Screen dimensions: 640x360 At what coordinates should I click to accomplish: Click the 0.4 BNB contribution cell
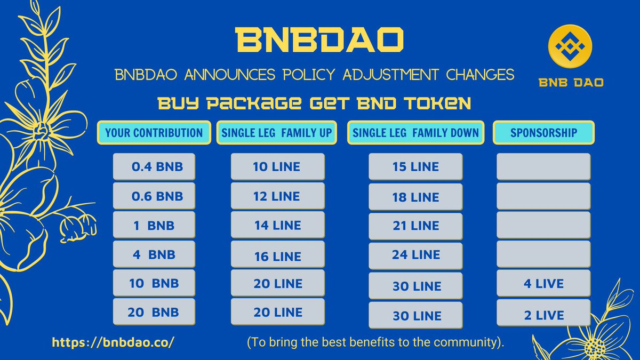click(154, 166)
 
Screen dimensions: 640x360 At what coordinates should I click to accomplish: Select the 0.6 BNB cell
click(154, 196)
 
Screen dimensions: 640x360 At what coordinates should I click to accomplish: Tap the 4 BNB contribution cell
click(154, 254)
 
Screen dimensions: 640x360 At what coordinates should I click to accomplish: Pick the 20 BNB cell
click(154, 311)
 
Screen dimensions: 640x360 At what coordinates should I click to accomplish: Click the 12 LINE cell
click(278, 196)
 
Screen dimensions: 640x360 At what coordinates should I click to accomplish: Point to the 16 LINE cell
click(278, 254)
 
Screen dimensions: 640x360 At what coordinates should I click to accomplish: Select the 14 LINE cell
click(278, 225)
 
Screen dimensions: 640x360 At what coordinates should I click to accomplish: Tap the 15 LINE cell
click(415, 166)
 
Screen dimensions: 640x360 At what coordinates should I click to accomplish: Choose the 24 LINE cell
click(415, 255)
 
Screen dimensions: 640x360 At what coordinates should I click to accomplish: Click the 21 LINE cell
click(415, 226)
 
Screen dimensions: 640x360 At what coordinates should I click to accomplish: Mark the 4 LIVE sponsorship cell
click(543, 283)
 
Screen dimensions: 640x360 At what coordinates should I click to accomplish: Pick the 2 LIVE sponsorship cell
click(543, 313)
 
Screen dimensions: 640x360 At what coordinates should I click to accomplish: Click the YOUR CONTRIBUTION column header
click(154, 133)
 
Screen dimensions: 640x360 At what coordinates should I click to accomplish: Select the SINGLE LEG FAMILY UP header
click(277, 133)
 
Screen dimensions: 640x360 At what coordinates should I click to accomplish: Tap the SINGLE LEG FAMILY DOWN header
click(415, 133)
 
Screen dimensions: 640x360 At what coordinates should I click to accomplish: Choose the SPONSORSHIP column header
click(543, 133)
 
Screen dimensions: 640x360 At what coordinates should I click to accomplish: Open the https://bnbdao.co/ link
click(113, 342)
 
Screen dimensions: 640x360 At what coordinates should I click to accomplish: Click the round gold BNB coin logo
click(570, 46)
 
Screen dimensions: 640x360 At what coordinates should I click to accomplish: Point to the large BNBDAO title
click(319, 39)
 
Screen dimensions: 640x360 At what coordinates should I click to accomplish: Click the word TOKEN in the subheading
click(437, 103)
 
